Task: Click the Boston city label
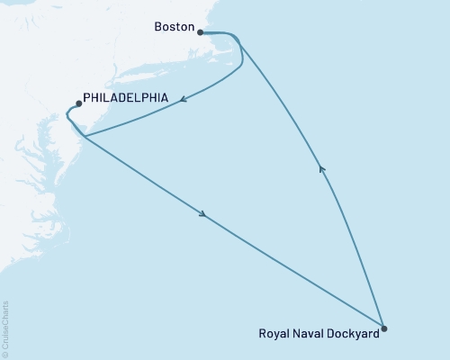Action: [x=175, y=28]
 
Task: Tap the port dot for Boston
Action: [x=200, y=31]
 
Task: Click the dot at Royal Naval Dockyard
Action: [x=383, y=328]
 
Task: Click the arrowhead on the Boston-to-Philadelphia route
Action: [x=183, y=101]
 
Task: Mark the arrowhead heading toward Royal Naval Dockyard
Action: [x=203, y=215]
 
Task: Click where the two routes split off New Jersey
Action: [x=84, y=137]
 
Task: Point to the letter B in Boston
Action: [x=159, y=28]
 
